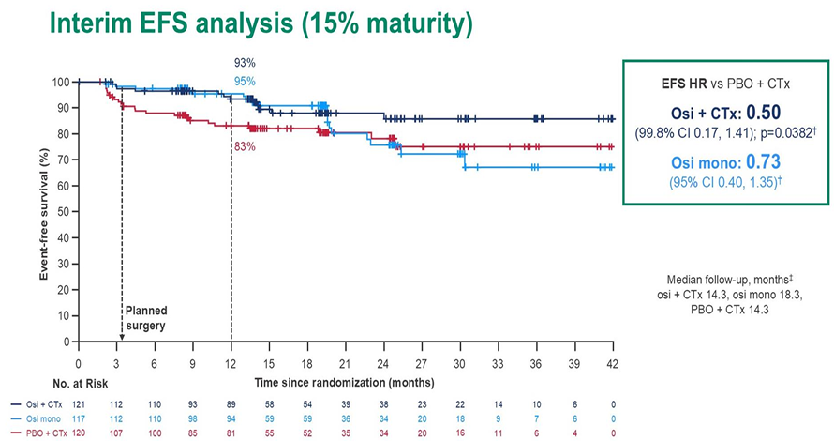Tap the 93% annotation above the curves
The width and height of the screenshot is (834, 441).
(x=245, y=63)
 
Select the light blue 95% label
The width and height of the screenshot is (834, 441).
(x=245, y=82)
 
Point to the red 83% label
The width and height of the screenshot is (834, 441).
(x=245, y=146)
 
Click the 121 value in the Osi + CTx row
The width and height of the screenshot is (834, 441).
(x=82, y=403)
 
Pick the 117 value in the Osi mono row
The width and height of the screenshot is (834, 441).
(x=82, y=418)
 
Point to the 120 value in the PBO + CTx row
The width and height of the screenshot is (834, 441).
(x=82, y=433)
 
